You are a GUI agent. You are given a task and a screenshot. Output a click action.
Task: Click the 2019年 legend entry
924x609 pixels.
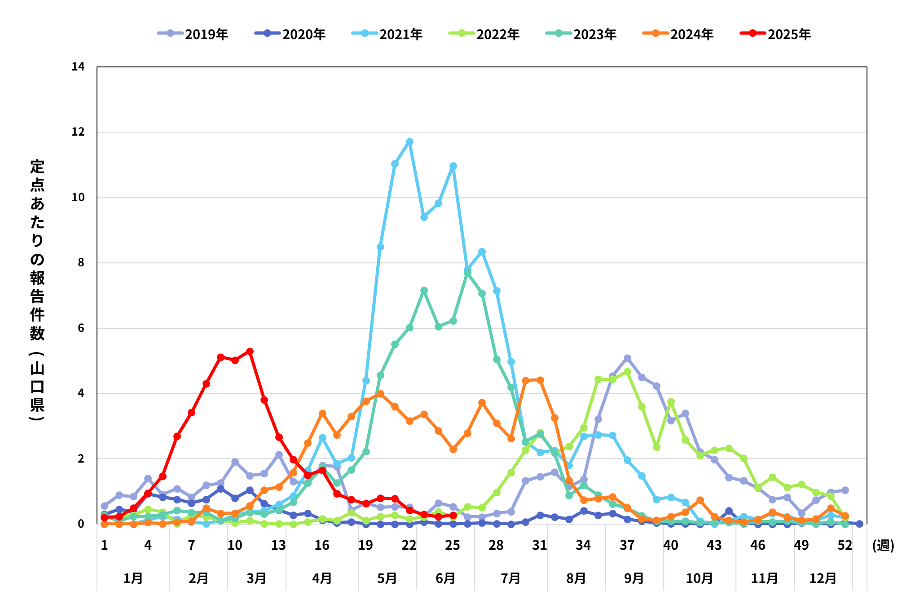pyautogui.click(x=193, y=34)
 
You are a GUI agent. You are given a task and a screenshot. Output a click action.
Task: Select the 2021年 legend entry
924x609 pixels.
pyautogui.click(x=387, y=34)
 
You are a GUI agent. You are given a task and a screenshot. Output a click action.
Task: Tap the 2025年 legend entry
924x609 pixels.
pyautogui.click(x=775, y=34)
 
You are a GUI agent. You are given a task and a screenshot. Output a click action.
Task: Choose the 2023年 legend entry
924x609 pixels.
pyautogui.click(x=581, y=34)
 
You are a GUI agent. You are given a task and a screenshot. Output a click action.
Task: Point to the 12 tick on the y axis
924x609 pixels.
pyautogui.click(x=78, y=132)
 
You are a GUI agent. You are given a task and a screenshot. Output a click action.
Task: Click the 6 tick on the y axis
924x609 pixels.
pyautogui.click(x=81, y=328)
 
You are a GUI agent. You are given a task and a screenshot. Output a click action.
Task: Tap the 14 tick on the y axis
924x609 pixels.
pyautogui.click(x=78, y=67)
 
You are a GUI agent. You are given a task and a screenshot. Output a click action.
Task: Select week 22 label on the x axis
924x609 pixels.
pyautogui.click(x=409, y=545)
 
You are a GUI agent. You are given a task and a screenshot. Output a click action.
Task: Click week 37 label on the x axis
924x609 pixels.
pyautogui.click(x=627, y=545)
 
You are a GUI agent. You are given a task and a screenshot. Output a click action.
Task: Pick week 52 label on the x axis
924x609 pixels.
pyautogui.click(x=845, y=545)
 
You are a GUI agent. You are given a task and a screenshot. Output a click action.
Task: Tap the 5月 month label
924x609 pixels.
pyautogui.click(x=387, y=578)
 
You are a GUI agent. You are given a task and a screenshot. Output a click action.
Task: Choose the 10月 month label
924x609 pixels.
pyautogui.click(x=700, y=578)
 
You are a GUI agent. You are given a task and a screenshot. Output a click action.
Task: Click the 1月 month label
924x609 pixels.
pyautogui.click(x=133, y=578)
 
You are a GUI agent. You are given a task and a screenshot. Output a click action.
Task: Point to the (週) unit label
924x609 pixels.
pyautogui.click(x=883, y=545)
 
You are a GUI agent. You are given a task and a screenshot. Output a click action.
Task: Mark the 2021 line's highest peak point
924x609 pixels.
pyautogui.click(x=409, y=142)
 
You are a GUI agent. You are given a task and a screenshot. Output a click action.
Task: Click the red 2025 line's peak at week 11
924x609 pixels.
pyautogui.click(x=250, y=351)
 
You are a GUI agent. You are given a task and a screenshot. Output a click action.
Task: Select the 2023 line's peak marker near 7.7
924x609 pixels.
pyautogui.click(x=467, y=273)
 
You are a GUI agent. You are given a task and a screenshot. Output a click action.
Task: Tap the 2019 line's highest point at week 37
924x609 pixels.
pyautogui.click(x=627, y=358)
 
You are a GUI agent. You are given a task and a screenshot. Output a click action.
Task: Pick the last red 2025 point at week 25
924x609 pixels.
pyautogui.click(x=453, y=515)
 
